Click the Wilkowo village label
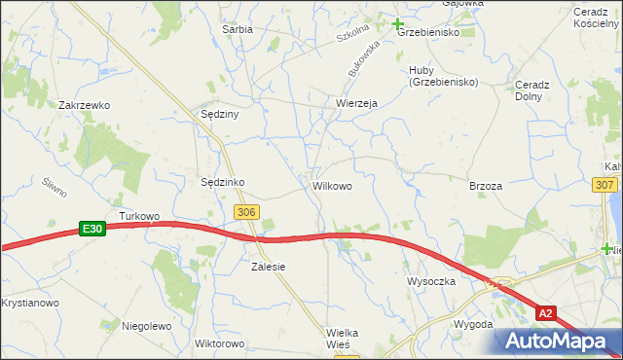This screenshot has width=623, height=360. pos(332,184)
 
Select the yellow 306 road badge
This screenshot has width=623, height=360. pos(247,211)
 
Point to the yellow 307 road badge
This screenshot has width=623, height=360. pos(605,185)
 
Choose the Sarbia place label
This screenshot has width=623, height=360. pos(238,29)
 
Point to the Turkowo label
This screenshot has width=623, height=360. pos(137,216)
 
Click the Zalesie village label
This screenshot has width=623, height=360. pos(268,266)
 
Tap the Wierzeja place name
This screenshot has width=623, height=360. pos(356,103)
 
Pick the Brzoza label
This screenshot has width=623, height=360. pos(486,186)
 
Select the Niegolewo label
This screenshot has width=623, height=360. pos(147,326)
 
